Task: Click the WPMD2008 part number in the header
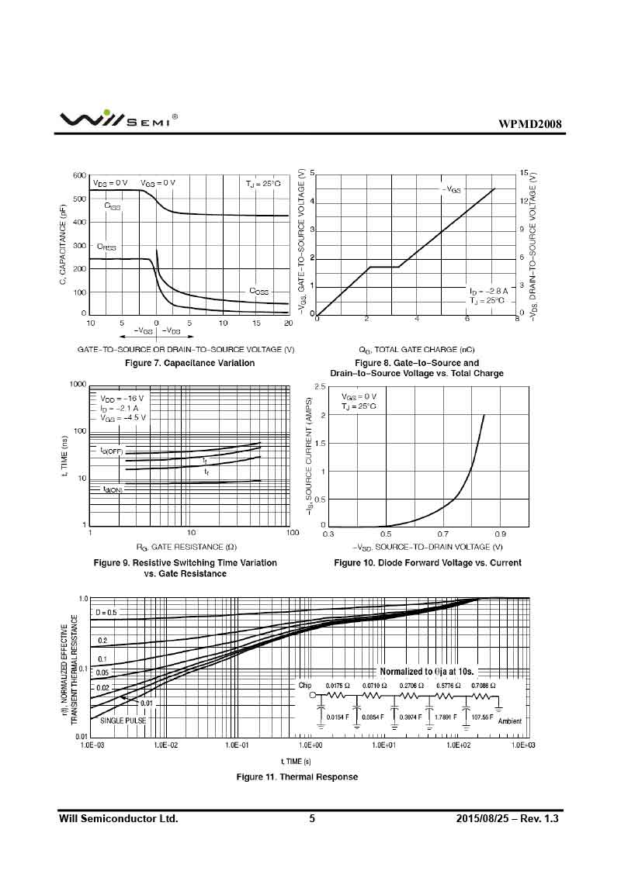coord(529,124)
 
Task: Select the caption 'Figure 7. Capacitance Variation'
coord(189,363)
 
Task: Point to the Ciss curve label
coord(112,206)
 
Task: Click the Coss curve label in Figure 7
coord(258,291)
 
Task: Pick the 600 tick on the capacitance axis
coord(78,175)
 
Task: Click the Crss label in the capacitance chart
coord(106,247)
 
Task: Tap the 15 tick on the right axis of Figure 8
coord(524,173)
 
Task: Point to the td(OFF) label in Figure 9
coord(112,451)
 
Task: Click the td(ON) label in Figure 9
coord(113,489)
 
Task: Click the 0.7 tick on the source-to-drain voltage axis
coord(442,534)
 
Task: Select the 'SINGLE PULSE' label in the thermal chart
coord(123,721)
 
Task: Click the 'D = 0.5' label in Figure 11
coord(106,613)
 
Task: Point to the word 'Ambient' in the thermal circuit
coord(510,721)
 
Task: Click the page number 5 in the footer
coord(312,818)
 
